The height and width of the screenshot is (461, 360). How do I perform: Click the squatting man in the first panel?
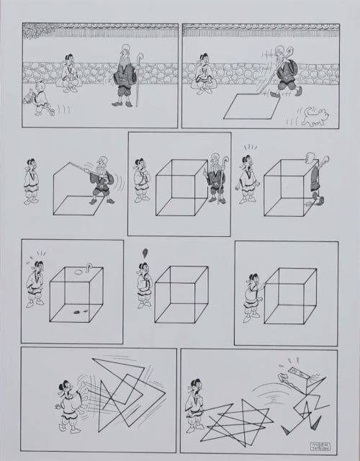pyautogui.click(x=70, y=74)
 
